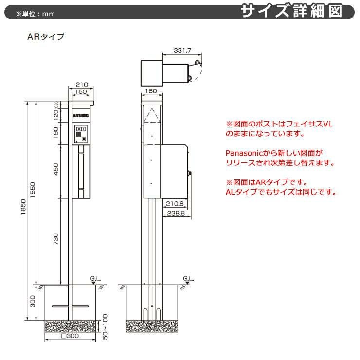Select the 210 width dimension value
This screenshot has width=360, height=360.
pyautogui.click(x=81, y=84)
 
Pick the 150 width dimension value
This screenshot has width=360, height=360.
pyautogui.click(x=81, y=91)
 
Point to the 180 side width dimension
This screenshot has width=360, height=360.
pyautogui.click(x=151, y=91)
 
